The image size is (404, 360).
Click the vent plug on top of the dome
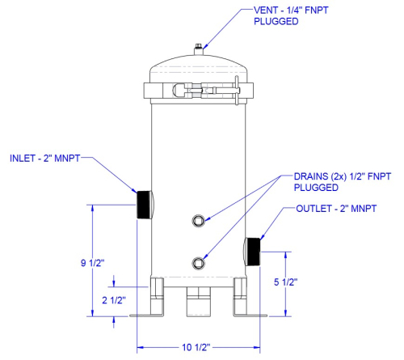point(199,49)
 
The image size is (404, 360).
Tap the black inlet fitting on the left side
point(145,205)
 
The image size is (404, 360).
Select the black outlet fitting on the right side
point(252,252)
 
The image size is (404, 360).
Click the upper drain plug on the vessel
point(199,221)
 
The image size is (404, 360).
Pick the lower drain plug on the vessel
point(199,263)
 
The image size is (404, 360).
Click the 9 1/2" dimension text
point(92,263)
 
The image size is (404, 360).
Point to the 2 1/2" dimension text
point(114,300)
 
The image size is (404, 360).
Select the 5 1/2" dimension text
point(285,282)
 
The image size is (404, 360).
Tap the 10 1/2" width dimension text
point(196,347)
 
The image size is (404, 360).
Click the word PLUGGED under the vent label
point(276,21)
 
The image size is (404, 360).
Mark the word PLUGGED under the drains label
point(316,188)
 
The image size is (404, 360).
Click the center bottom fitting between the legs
point(199,302)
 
